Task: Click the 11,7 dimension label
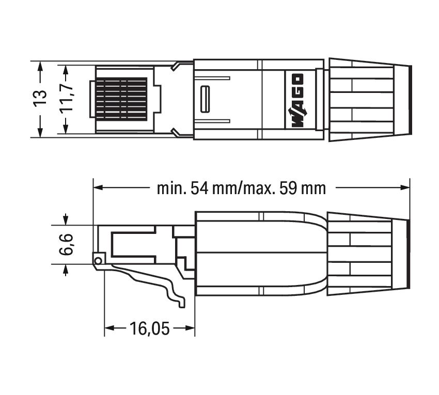pos(65,97)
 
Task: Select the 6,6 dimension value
pos(65,244)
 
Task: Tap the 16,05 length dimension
pos(150,328)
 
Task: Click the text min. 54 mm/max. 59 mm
pos(241,188)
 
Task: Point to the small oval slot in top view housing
pos(205,99)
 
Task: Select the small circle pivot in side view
pos(98,259)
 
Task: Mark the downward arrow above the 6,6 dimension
pos(65,220)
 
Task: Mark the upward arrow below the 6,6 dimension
pos(65,269)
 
